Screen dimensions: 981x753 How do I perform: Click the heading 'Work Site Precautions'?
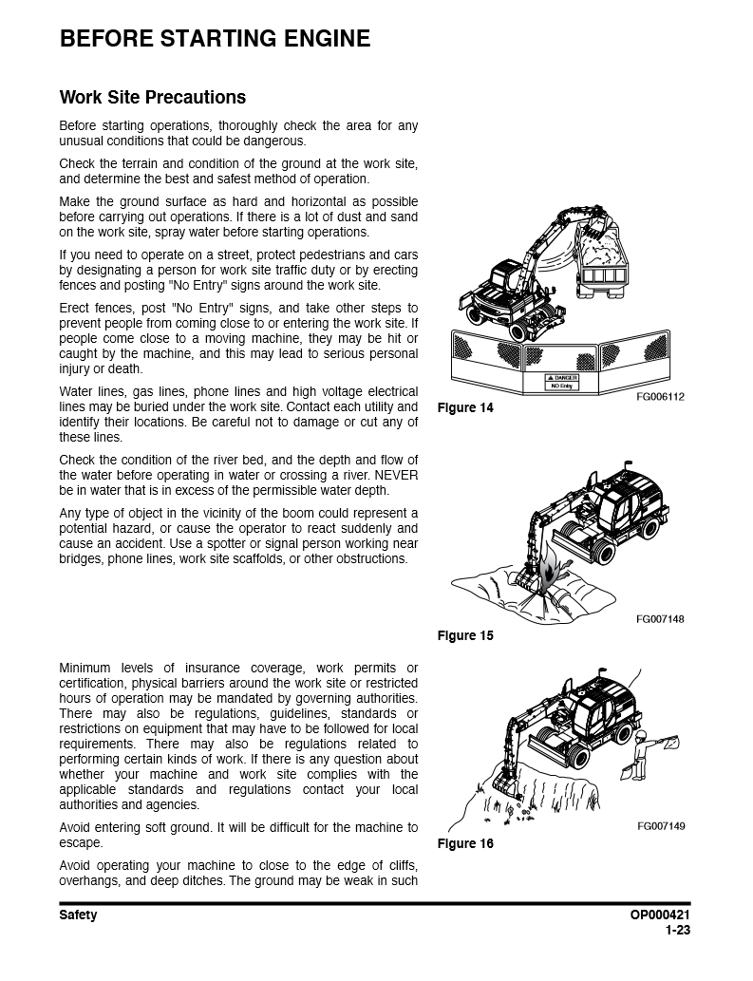152,97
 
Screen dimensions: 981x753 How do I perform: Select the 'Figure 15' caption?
464,635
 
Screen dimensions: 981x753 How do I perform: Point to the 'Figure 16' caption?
464,843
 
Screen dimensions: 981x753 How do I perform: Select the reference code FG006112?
660,397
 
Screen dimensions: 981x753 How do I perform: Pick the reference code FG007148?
660,619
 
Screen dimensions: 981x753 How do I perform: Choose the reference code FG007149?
660,826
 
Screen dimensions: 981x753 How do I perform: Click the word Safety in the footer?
78,915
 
